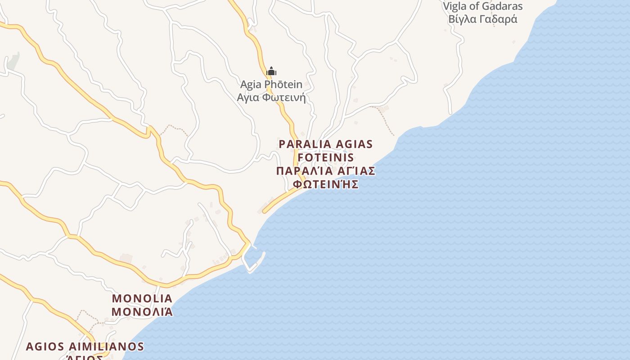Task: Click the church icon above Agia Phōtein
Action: tap(271, 71)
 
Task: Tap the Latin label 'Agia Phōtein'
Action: tap(271, 84)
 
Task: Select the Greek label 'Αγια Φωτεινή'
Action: tap(271, 97)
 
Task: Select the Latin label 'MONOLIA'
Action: tap(142, 298)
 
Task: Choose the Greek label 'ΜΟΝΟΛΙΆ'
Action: tap(142, 311)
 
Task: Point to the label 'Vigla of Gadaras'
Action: tap(482, 6)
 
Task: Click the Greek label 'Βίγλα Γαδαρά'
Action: tap(482, 19)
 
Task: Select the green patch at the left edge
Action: tap(13, 61)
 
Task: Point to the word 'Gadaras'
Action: tap(502, 6)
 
